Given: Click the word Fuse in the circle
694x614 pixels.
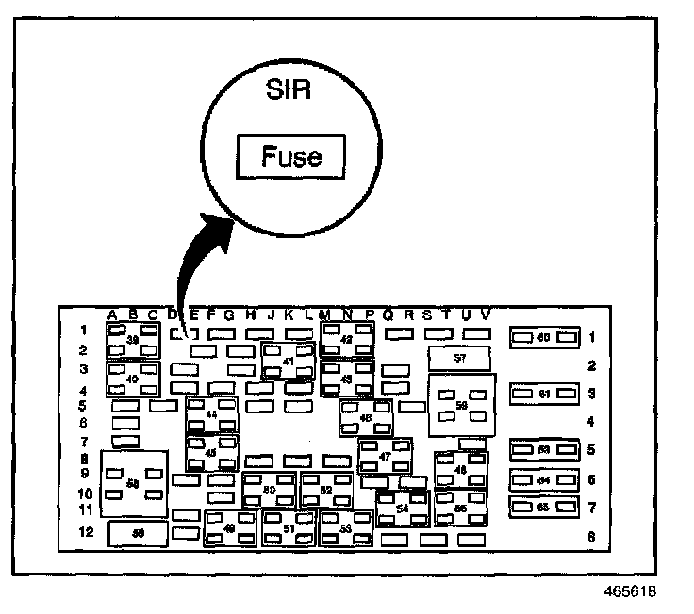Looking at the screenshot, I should pyautogui.click(x=291, y=155).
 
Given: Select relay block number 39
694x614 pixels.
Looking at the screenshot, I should pyautogui.click(x=133, y=340).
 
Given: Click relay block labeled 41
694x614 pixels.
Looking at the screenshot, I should pyautogui.click(x=286, y=362).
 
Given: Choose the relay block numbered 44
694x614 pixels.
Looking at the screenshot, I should pyautogui.click(x=210, y=415).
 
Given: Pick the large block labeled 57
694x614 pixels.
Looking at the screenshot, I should pyautogui.click(x=459, y=359).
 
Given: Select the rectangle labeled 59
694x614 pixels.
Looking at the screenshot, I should pyautogui.click(x=138, y=533).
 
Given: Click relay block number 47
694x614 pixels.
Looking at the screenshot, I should pyautogui.click(x=384, y=457).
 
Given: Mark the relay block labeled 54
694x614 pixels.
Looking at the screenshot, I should pyautogui.click(x=403, y=508).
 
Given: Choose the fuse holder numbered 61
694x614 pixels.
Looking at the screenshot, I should pyautogui.click(x=543, y=394).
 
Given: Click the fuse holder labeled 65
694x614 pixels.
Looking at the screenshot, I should pyautogui.click(x=543, y=508).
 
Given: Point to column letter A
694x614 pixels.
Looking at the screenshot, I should pyautogui.click(x=112, y=314).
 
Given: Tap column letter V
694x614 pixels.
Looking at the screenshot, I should pyautogui.click(x=486, y=314).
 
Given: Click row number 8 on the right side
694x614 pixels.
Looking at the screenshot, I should pyautogui.click(x=591, y=538).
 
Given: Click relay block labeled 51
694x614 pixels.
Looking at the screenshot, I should pyautogui.click(x=289, y=529).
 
